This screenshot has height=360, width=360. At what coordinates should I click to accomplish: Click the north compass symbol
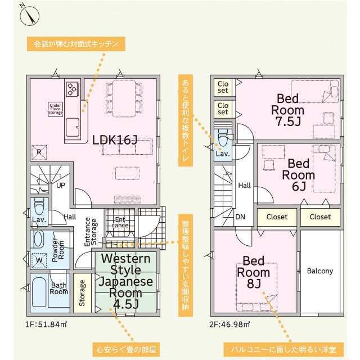(30, 16)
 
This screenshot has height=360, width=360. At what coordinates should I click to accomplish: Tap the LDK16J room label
(115, 140)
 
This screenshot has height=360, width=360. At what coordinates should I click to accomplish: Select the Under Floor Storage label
(55, 109)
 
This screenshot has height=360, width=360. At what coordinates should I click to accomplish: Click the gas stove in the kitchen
(73, 89)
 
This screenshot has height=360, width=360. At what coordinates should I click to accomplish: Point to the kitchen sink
(73, 128)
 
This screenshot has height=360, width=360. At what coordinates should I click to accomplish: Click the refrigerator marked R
(39, 152)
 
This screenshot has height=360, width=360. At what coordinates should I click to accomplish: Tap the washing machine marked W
(39, 260)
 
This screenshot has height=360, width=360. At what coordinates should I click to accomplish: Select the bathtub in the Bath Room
(39, 292)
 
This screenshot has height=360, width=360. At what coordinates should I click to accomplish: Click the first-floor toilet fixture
(39, 205)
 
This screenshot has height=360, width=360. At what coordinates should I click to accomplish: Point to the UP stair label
(61, 185)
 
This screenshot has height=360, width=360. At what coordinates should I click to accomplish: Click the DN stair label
(240, 217)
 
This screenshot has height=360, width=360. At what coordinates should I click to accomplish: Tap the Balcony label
(320, 271)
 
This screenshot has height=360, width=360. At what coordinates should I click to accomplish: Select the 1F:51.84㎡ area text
(46, 325)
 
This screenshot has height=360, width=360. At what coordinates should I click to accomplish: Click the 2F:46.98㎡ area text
(229, 325)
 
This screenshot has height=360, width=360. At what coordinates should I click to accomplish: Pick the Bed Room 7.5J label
(288, 110)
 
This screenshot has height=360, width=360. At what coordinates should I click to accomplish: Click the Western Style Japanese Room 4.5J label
(126, 281)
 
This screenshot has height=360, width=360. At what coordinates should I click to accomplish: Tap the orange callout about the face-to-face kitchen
(76, 44)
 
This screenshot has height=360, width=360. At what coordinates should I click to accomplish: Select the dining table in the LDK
(124, 98)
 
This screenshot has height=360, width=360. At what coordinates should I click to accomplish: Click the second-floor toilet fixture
(223, 137)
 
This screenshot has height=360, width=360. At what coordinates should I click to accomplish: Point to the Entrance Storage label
(91, 232)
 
